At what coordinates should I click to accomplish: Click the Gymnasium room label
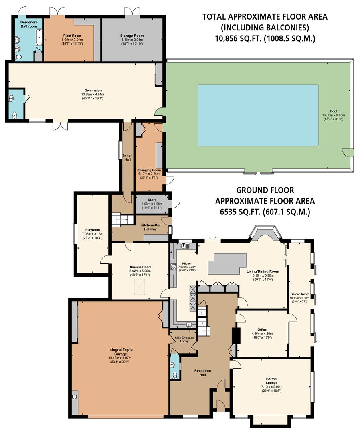point(86,91)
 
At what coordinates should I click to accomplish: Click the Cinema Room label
point(140,267)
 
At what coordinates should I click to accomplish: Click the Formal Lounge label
point(271,379)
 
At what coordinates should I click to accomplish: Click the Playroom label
point(93,230)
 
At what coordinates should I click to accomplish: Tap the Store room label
point(151,200)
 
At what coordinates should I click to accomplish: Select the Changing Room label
point(149,170)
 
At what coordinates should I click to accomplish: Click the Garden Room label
point(300,294)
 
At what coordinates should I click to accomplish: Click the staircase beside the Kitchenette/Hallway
point(122,219)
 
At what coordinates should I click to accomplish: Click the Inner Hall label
point(127,157)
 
